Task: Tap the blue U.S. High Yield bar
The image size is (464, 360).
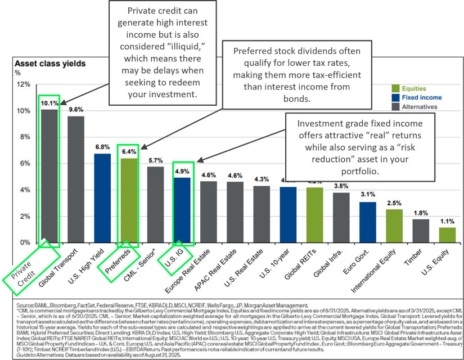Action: (102, 197)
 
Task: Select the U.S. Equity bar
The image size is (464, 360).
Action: (447, 235)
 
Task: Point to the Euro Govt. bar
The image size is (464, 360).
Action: (367, 222)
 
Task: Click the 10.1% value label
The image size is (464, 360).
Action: (49, 103)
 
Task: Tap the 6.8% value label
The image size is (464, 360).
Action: (102, 147)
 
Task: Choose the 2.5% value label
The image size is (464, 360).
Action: (394, 202)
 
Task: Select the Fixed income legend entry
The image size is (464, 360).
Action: (419, 97)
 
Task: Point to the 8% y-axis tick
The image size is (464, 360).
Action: (23, 137)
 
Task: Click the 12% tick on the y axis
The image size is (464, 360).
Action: (23, 84)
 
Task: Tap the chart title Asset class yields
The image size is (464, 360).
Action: (50, 64)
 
